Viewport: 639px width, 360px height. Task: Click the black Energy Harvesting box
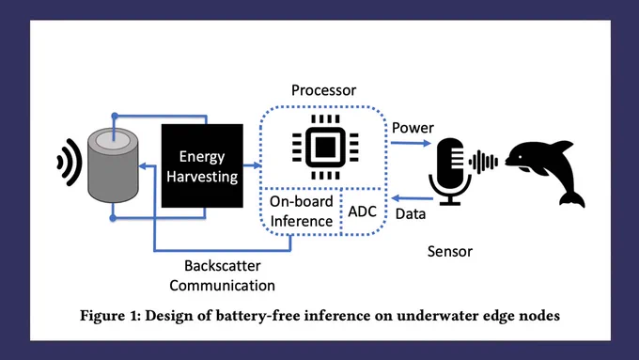tap(202, 166)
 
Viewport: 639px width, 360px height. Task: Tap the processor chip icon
tap(325, 147)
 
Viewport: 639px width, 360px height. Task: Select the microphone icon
tap(449, 172)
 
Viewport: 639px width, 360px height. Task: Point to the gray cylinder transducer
tap(113, 165)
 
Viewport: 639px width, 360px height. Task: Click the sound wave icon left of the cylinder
tap(70, 163)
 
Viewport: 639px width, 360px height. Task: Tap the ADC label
tap(363, 211)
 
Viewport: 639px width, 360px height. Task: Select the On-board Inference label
tap(301, 211)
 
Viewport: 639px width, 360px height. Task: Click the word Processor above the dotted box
tap(323, 90)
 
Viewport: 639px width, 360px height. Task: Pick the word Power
tap(413, 128)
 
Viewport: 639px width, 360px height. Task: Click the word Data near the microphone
tap(411, 213)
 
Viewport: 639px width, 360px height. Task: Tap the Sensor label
tap(450, 251)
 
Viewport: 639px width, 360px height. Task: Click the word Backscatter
tap(223, 265)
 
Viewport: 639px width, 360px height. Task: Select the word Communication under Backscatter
tap(222, 286)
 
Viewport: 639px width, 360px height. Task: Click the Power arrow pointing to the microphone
tap(411, 143)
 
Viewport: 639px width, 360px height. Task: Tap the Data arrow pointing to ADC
tap(412, 198)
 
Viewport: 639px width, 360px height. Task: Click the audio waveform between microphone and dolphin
tap(483, 162)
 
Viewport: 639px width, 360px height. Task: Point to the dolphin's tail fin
tap(572, 198)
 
